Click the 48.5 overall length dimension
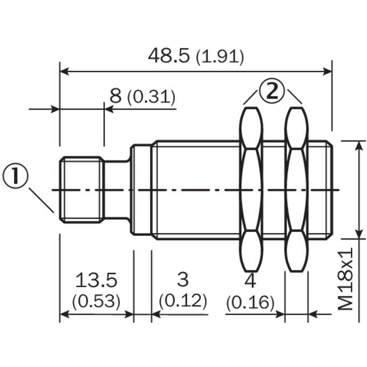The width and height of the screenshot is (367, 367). pyautogui.click(x=168, y=56)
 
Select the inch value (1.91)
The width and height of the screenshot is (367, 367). pyautogui.click(x=220, y=57)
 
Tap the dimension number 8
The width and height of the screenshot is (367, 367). pyautogui.click(x=115, y=96)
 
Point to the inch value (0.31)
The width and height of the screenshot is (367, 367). pyautogui.click(x=151, y=97)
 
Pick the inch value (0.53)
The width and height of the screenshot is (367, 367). pyautogui.click(x=96, y=301)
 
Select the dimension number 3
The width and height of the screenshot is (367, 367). pyautogui.click(x=182, y=280)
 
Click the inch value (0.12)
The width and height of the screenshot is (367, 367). pyautogui.click(x=183, y=301)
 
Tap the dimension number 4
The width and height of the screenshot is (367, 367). pyautogui.click(x=250, y=281)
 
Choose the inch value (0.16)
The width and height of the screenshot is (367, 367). pyautogui.click(x=250, y=303)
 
